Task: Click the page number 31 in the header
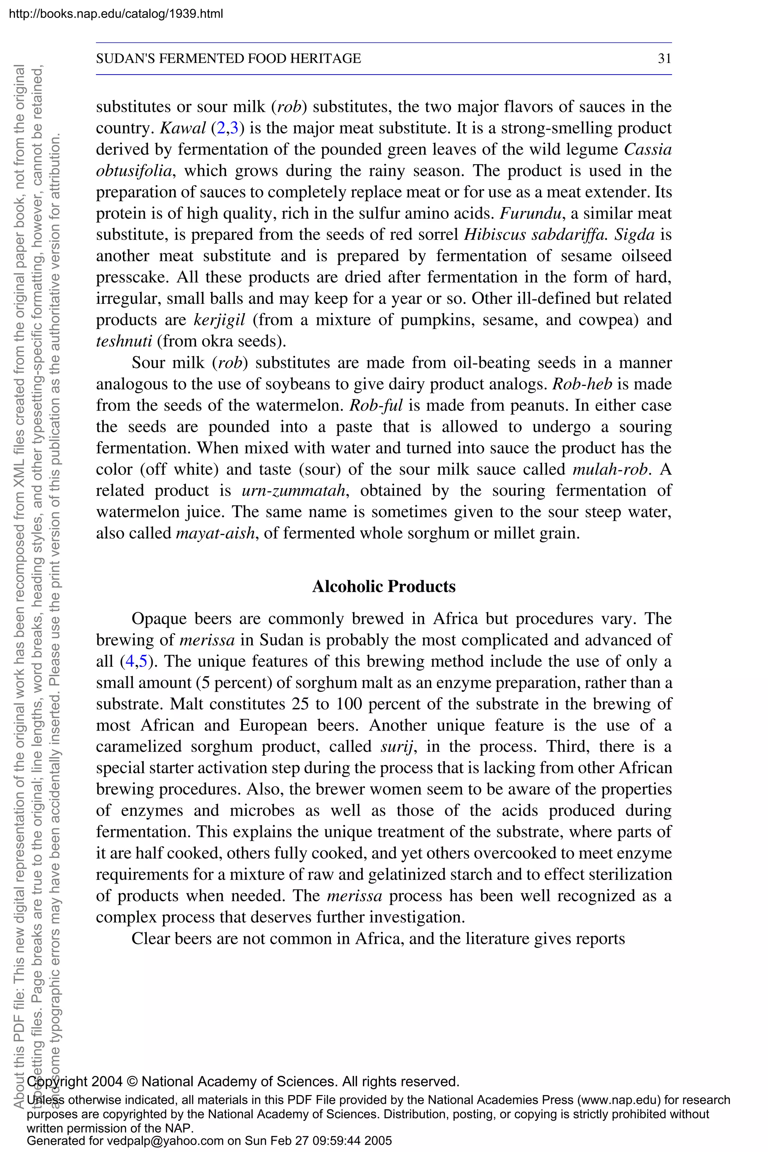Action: pyautogui.click(x=664, y=59)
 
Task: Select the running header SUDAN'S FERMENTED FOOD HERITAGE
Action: pyautogui.click(x=228, y=59)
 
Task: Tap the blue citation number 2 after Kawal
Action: pyautogui.click(x=221, y=128)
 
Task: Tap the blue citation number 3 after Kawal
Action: pyautogui.click(x=234, y=128)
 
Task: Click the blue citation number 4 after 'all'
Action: pyautogui.click(x=130, y=662)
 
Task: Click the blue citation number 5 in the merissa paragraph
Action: pyautogui.click(x=143, y=662)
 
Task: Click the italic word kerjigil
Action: pyautogui.click(x=219, y=320)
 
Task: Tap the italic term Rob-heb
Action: pyautogui.click(x=582, y=384)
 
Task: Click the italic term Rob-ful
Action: pyautogui.click(x=376, y=405)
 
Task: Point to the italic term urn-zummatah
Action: pyautogui.click(x=294, y=491)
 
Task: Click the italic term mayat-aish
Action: pyautogui.click(x=216, y=533)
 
